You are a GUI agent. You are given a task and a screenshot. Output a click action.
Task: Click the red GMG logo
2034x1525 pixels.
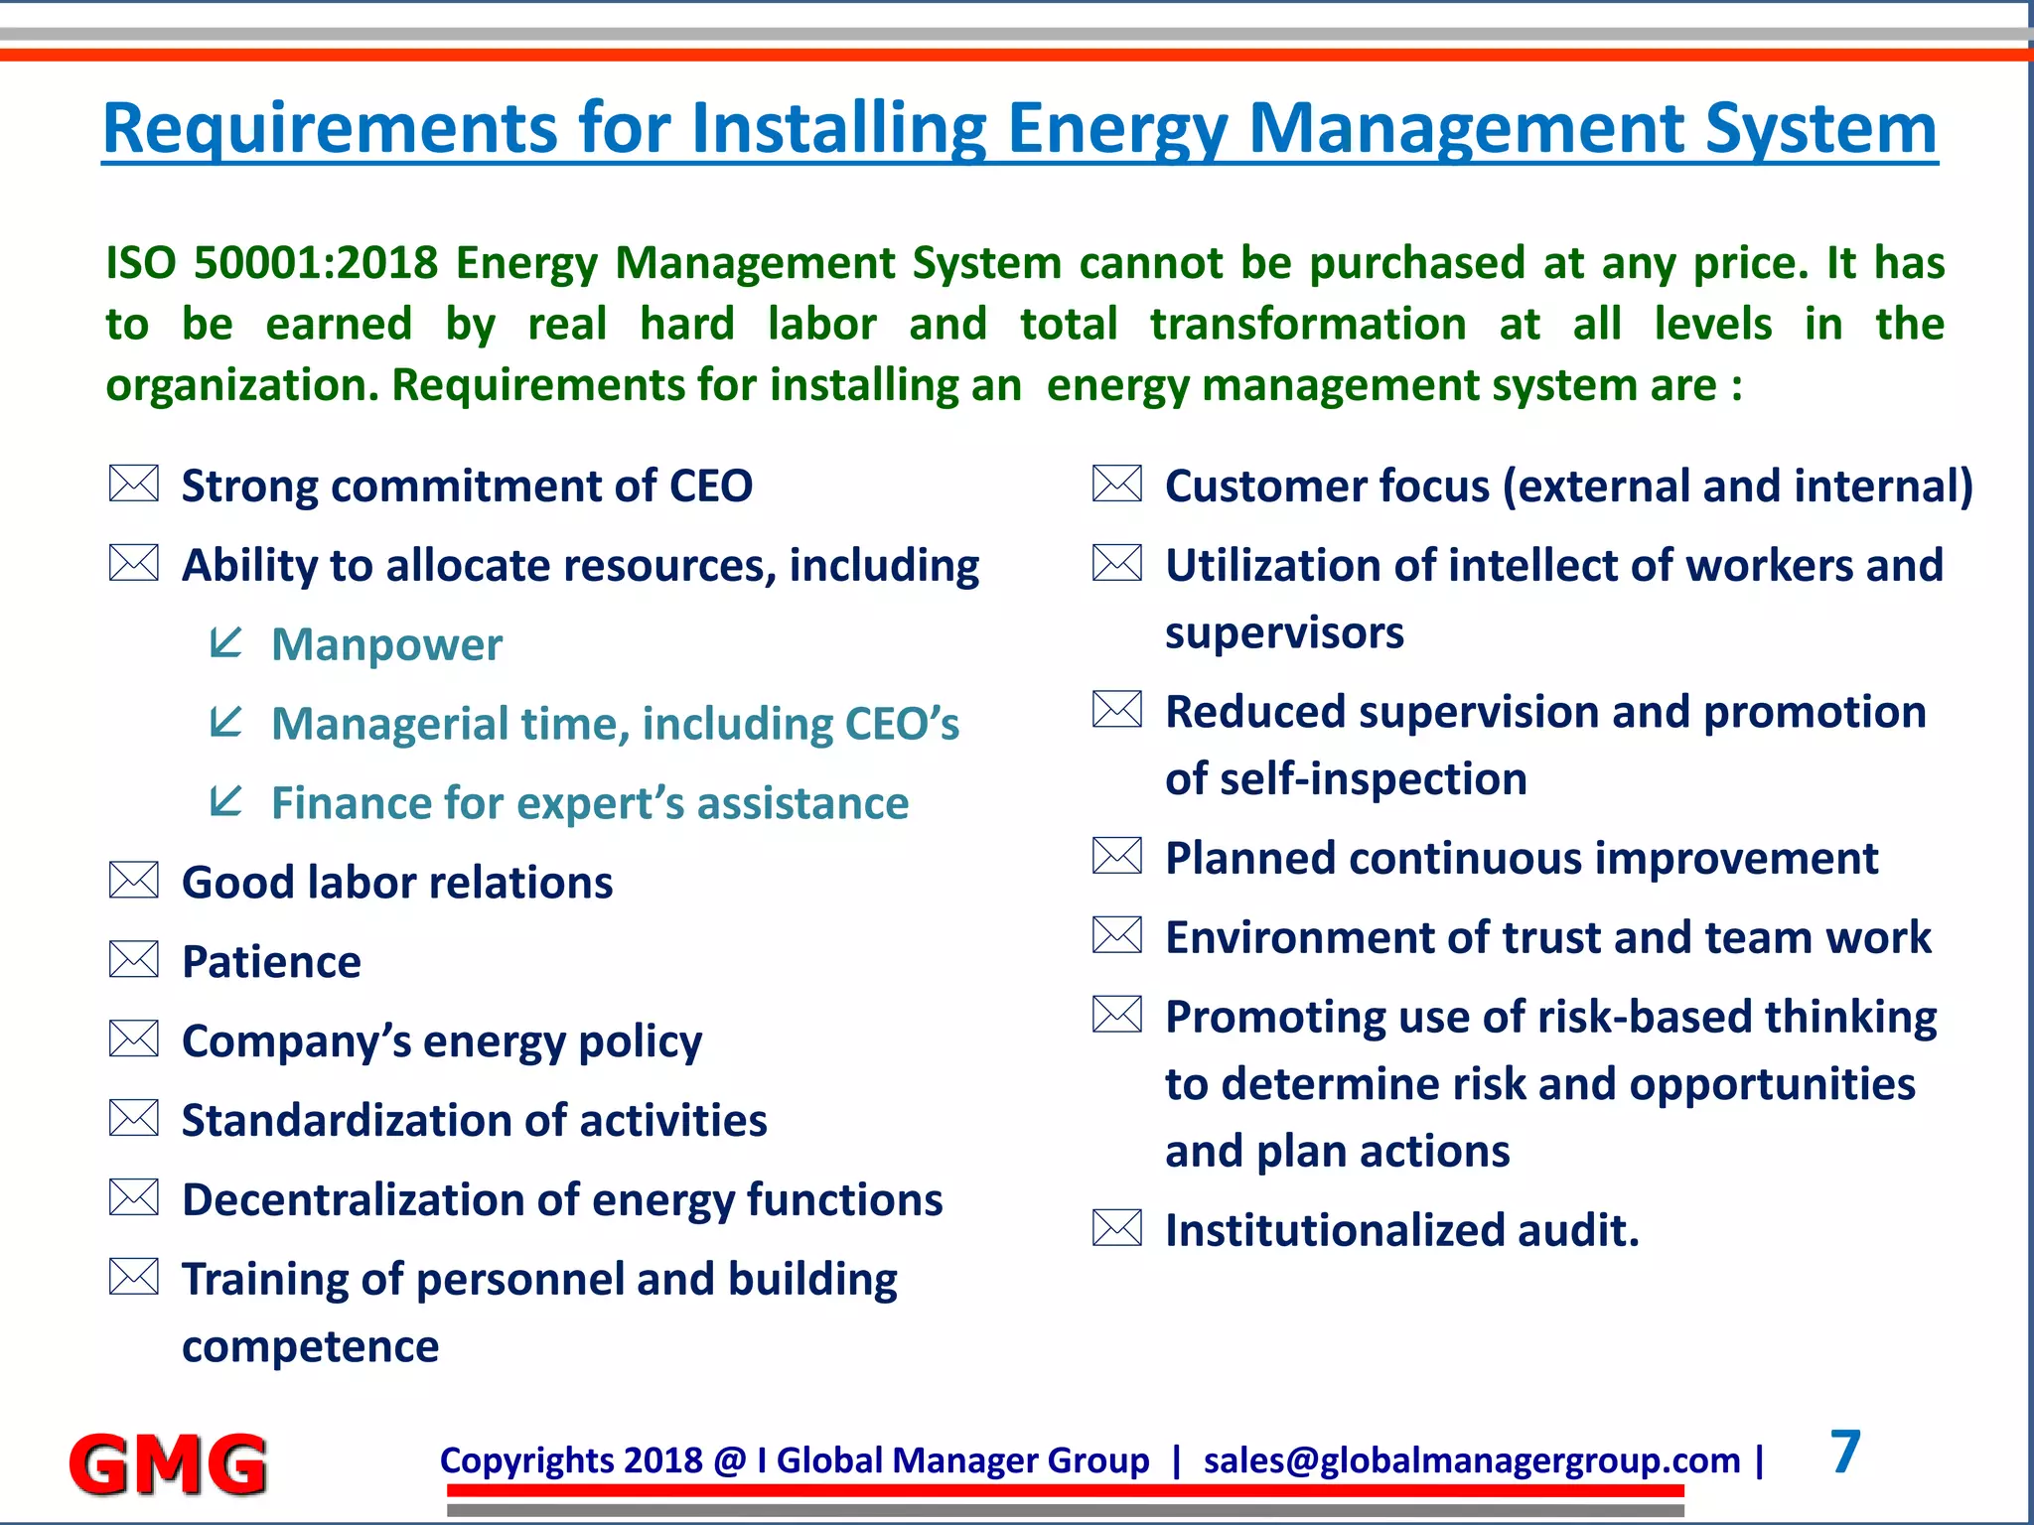coord(167,1463)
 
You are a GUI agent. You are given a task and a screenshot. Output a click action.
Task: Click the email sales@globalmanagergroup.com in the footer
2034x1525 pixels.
coord(1472,1460)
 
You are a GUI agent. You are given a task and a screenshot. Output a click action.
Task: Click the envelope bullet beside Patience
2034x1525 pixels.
coord(134,960)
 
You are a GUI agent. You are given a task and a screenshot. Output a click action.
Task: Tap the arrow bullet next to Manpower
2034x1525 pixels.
coord(226,642)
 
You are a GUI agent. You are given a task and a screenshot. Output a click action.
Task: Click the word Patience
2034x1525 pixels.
coord(271,962)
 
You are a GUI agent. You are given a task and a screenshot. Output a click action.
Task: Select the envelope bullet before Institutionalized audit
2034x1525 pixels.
coord(1117,1228)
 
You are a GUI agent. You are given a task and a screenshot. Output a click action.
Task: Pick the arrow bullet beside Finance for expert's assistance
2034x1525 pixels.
coord(226,800)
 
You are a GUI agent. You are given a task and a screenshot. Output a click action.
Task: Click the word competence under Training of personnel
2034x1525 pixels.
coord(310,1346)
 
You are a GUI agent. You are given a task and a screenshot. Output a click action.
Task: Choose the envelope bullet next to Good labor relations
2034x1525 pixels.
coord(134,881)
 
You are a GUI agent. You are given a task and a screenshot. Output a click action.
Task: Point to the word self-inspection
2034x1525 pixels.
coord(1374,778)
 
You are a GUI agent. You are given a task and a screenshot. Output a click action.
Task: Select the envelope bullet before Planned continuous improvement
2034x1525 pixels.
coord(1117,856)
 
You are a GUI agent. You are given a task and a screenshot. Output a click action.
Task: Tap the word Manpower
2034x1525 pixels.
coord(387,644)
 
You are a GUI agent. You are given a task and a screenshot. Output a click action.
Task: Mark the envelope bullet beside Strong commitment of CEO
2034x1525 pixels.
coord(134,484)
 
